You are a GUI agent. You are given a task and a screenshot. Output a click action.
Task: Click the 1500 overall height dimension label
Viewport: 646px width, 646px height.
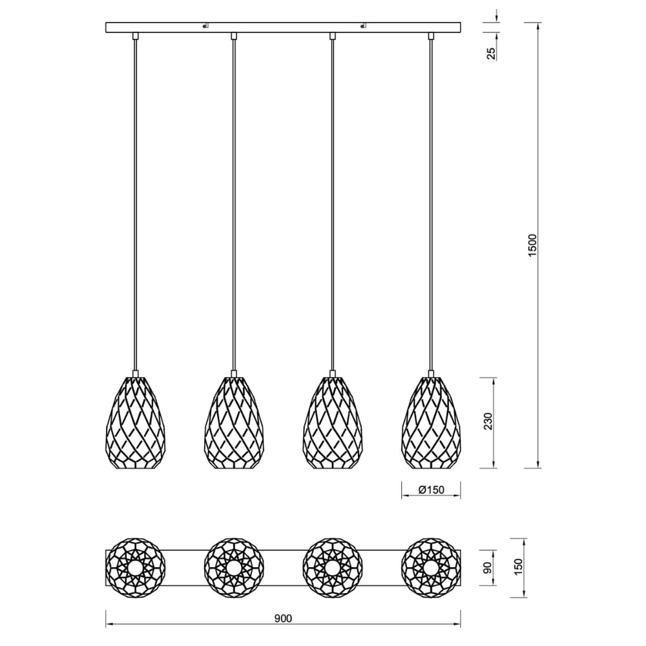tap(533, 245)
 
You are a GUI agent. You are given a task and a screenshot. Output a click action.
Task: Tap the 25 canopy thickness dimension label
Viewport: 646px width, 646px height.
tap(492, 54)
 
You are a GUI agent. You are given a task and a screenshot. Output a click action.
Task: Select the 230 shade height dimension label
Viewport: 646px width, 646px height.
tap(488, 421)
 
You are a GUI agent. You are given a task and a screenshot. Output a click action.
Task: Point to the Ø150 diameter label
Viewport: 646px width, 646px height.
tap(431, 490)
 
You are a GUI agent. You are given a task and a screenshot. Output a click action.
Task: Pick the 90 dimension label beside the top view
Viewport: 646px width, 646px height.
tap(487, 567)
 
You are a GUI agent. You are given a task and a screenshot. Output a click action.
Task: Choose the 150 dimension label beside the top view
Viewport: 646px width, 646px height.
tap(518, 567)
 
